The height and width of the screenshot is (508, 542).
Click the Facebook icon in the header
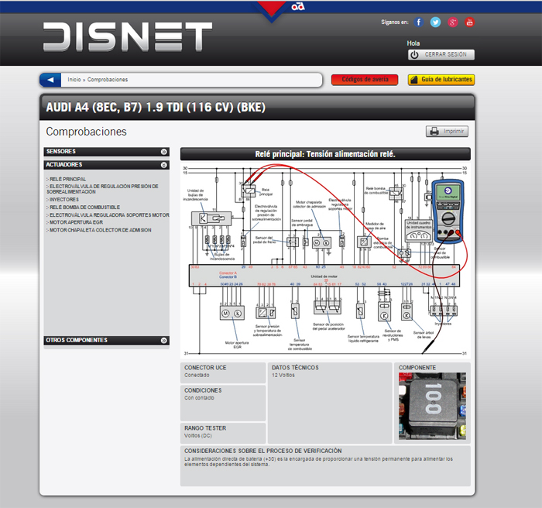click(419, 22)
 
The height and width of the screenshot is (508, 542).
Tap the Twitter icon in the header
click(436, 22)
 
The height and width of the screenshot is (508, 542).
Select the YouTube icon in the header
click(470, 22)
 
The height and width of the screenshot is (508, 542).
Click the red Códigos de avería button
click(364, 80)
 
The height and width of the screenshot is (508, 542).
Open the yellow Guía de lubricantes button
click(441, 80)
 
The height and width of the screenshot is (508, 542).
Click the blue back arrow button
click(50, 80)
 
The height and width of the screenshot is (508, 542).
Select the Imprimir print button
click(447, 132)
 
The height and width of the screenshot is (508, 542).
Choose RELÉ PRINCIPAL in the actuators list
click(67, 179)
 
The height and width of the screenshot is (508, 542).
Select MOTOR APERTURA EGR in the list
click(76, 222)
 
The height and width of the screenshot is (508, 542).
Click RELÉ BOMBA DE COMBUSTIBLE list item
click(84, 208)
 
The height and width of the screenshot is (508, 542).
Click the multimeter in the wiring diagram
click(448, 214)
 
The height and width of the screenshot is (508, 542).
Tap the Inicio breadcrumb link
click(74, 80)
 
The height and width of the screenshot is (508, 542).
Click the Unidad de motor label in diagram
click(324, 276)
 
